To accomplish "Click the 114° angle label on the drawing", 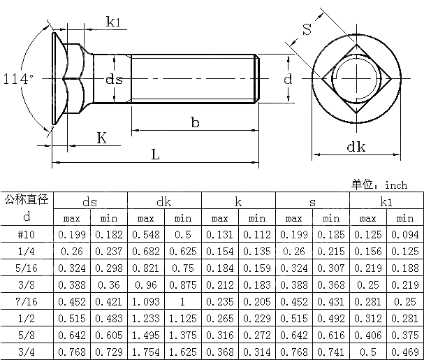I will click(x=17, y=78).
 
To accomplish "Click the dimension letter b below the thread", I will click(x=195, y=122).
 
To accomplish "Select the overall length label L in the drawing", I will click(x=155, y=154).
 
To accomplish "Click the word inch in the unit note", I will click(x=395, y=185).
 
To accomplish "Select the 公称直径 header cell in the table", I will click(x=27, y=201).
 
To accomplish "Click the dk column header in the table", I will click(x=163, y=202).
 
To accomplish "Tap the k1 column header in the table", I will click(x=386, y=202).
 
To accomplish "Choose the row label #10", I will click(x=27, y=235).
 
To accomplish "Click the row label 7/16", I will click(x=27, y=302).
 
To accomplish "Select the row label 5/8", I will click(x=27, y=336).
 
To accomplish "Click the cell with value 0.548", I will click(x=145, y=235).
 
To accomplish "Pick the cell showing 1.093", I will click(x=145, y=302).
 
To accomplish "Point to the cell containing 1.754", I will click(x=145, y=352).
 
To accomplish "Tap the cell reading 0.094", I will click(x=405, y=235).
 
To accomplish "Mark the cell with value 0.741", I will click(x=331, y=352).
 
